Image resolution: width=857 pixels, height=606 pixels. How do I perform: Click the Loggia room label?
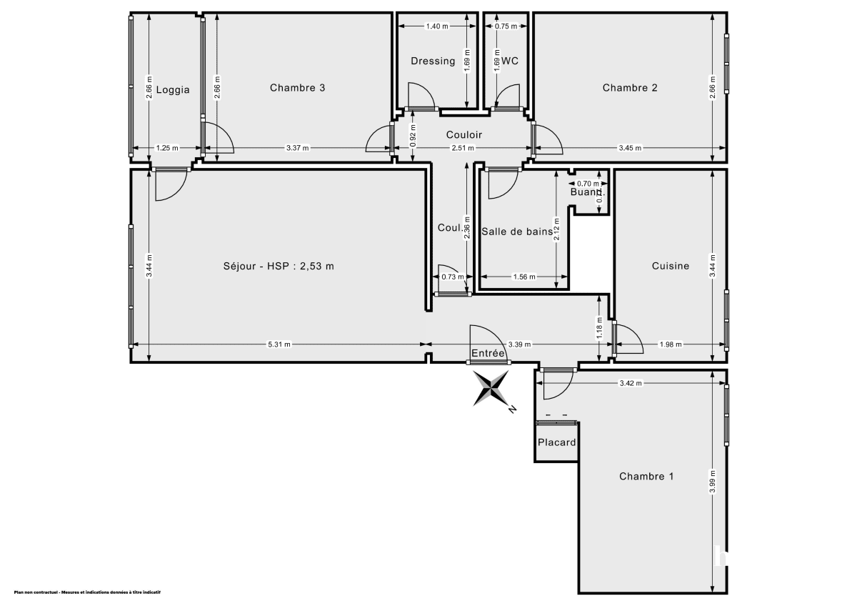[x=173, y=90]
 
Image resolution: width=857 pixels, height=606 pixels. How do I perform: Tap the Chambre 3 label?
[x=298, y=88]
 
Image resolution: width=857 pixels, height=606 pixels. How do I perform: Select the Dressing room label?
[x=433, y=61]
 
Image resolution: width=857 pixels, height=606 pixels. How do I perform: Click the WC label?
[x=509, y=61]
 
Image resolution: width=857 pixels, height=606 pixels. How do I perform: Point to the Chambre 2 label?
[x=630, y=88]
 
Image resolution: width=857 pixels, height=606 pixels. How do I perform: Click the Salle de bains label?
[x=516, y=231]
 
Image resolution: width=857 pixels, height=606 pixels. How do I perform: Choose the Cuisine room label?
[x=671, y=266]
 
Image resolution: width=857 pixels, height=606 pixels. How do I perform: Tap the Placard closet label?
[x=557, y=442]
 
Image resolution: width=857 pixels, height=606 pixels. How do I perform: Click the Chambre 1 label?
[x=646, y=476]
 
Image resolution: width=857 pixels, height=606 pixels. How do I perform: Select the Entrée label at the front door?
[x=488, y=354]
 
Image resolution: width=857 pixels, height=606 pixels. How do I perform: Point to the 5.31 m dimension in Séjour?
[x=279, y=344]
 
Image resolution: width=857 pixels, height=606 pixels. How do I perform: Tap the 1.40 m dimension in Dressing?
[x=437, y=26]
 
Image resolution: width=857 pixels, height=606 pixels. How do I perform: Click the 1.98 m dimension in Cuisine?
[x=671, y=344]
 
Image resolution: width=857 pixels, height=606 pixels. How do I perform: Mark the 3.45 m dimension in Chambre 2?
[x=629, y=149]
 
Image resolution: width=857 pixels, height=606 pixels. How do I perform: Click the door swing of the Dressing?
[x=419, y=95]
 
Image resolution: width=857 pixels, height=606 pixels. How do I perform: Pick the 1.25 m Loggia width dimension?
[x=166, y=149]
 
